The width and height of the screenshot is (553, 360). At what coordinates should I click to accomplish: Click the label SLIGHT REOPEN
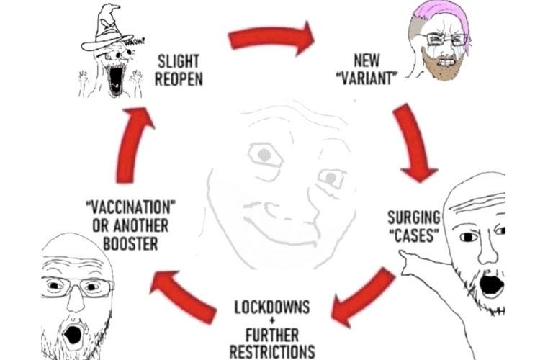coord(179,70)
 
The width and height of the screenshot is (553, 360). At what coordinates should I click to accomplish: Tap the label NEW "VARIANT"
coord(367,70)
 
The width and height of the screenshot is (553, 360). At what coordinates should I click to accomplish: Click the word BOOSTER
coord(130,243)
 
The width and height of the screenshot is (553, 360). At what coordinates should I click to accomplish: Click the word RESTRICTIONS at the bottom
coord(272,351)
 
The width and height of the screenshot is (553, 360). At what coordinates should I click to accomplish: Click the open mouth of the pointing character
coord(492,284)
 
